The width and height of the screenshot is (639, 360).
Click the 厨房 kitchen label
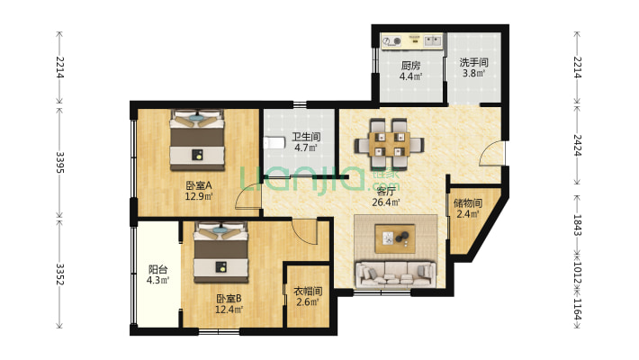point(410,66)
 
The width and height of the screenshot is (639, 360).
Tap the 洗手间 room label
point(473,62)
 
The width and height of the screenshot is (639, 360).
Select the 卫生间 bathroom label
point(306,137)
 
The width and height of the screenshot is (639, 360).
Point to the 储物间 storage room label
point(468,202)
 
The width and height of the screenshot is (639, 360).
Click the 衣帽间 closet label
point(308,291)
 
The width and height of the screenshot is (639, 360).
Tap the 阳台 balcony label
point(157,269)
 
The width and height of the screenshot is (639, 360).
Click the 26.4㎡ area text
point(385,202)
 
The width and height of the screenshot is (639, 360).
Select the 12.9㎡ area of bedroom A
point(199,196)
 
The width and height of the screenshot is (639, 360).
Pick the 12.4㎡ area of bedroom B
point(229,310)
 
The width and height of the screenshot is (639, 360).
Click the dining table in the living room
point(389,144)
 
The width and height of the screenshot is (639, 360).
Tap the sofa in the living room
point(394,274)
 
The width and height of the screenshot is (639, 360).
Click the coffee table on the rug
point(395,238)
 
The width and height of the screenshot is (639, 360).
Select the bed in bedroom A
point(197,139)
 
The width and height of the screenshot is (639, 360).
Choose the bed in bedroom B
point(220,252)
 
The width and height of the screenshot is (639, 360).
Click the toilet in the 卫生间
point(274,143)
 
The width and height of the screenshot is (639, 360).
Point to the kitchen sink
point(433,40)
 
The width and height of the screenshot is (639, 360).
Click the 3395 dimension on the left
point(60,162)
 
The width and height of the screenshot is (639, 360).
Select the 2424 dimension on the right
point(578,145)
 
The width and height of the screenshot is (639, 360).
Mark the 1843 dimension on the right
point(578,225)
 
